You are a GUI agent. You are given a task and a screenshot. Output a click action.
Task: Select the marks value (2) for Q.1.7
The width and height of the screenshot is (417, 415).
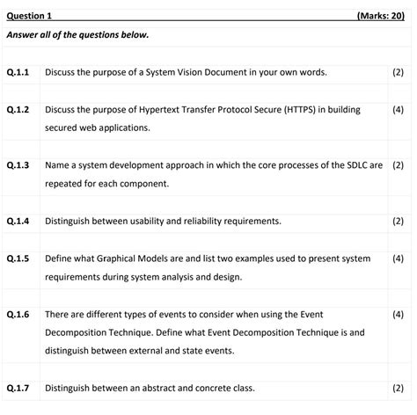(398, 387)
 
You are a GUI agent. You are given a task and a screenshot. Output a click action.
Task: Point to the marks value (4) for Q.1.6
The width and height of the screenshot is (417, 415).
(398, 314)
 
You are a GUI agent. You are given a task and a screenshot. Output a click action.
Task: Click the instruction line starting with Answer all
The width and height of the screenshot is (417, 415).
(77, 35)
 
